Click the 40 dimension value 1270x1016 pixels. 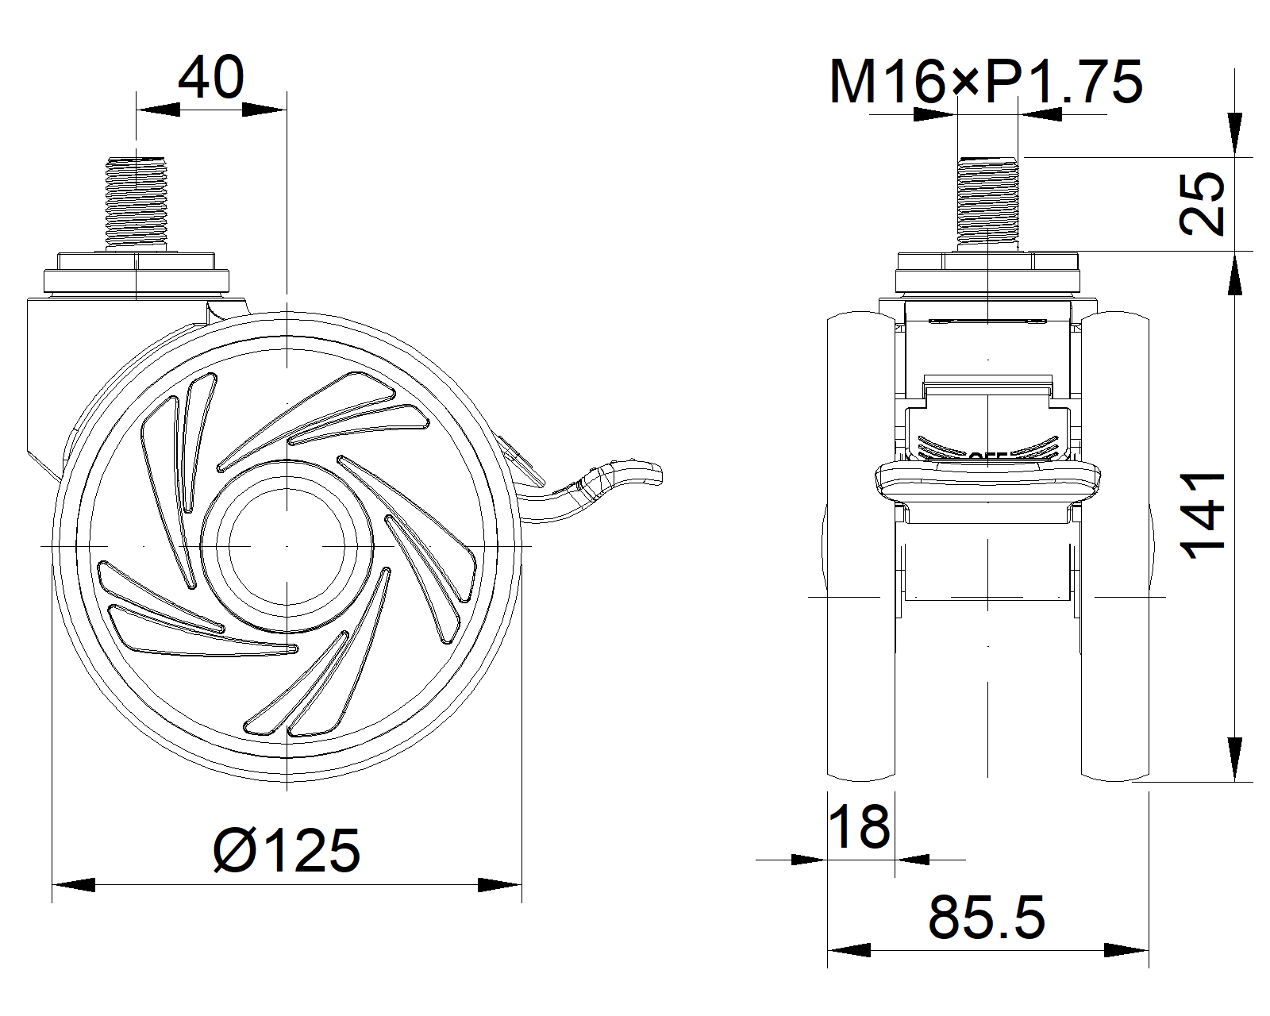(x=210, y=78)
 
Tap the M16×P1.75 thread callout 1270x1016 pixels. (x=985, y=82)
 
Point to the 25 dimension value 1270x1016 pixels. (x=1202, y=203)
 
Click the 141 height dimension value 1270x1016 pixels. (x=1203, y=516)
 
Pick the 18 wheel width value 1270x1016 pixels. (x=859, y=825)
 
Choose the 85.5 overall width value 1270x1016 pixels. (x=987, y=918)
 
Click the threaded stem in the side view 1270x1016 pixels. (x=137, y=202)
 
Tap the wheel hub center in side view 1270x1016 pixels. (x=287, y=546)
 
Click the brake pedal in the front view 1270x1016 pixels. (x=988, y=481)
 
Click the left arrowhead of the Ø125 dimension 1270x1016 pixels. (x=73, y=884)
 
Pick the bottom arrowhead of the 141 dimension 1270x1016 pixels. (x=1234, y=759)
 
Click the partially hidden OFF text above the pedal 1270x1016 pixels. (x=988, y=456)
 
